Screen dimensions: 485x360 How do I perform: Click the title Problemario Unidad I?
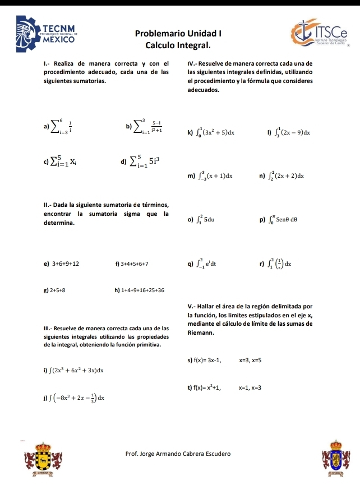tap(178, 33)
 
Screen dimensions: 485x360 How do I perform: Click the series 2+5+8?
tap(58, 290)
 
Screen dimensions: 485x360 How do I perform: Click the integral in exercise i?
tap(70, 371)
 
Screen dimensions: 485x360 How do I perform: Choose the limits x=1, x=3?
tap(250, 388)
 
